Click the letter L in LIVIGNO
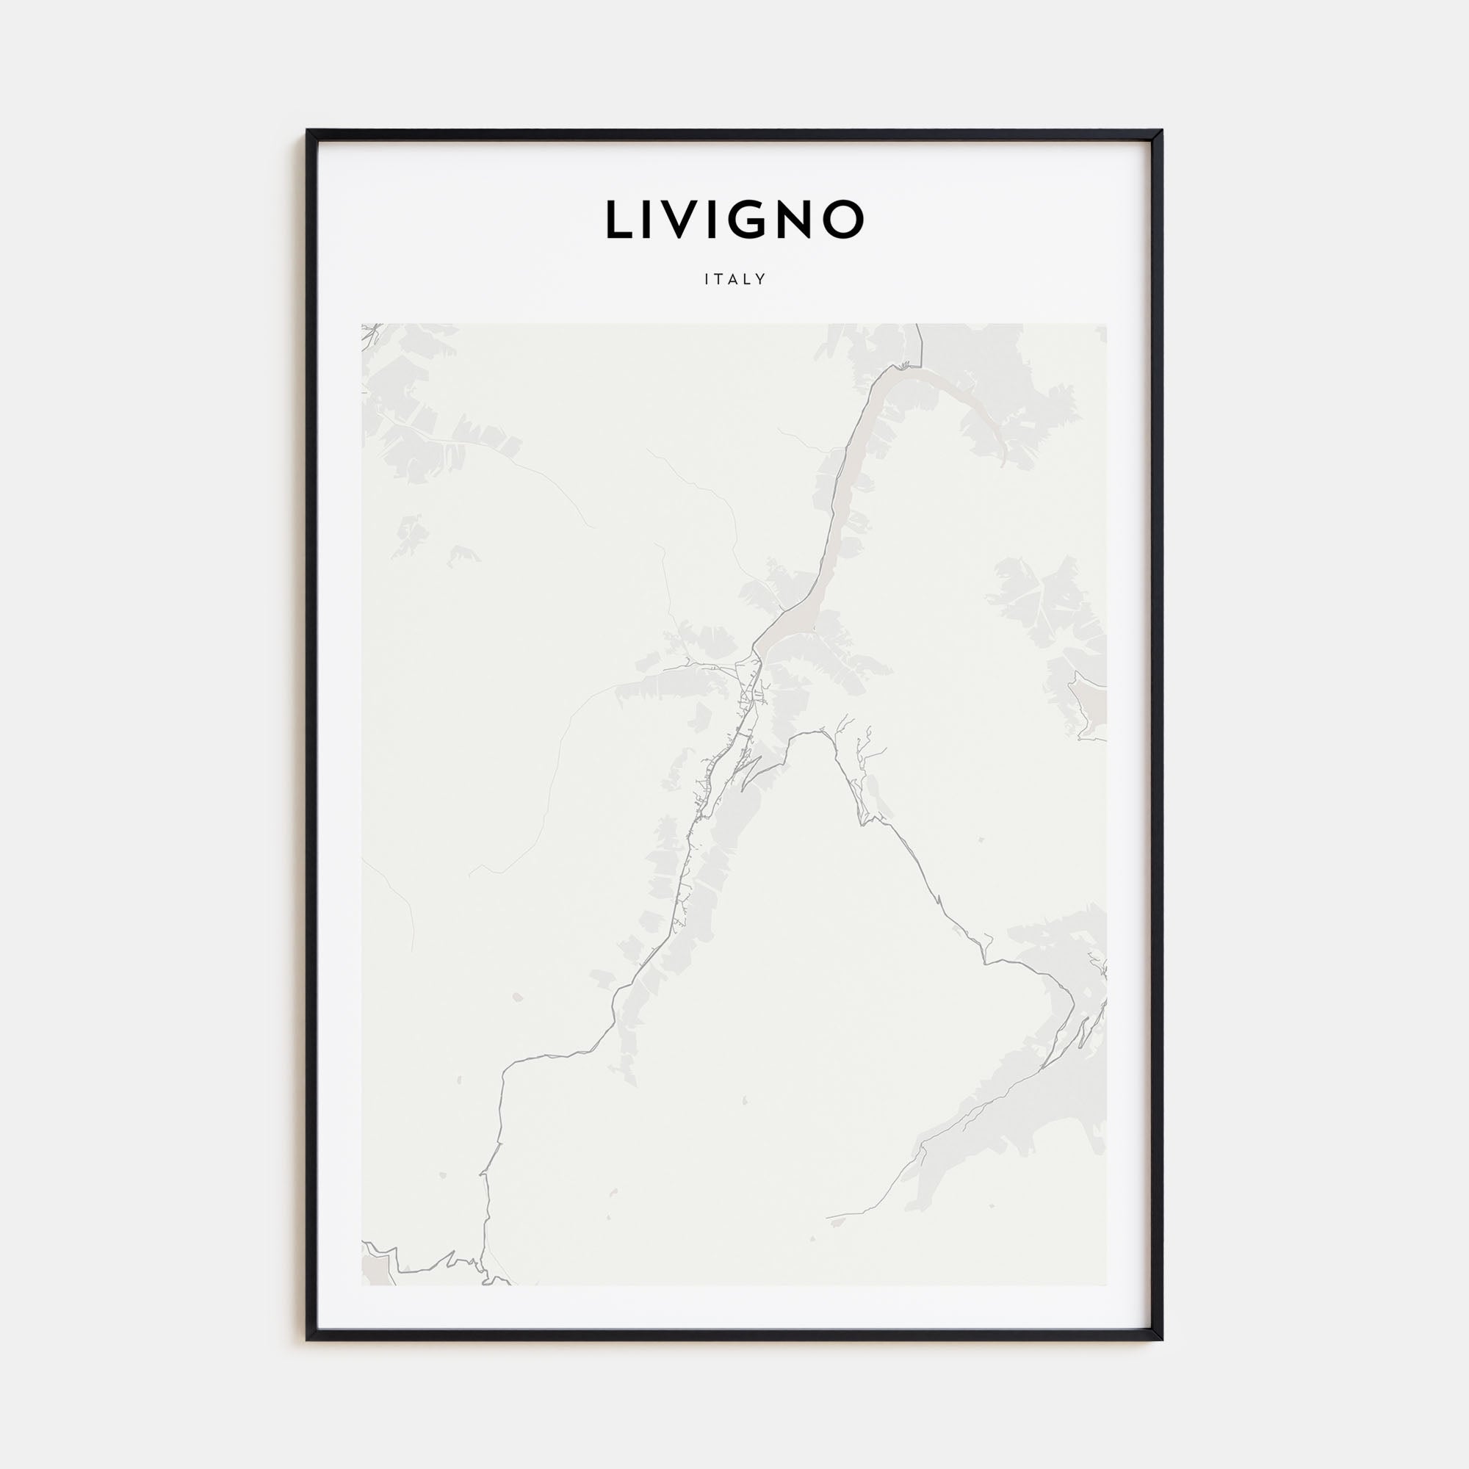619,220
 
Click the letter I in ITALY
707,279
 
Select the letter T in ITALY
718,279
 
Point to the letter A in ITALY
733,279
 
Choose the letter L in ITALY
748,279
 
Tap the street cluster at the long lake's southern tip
749,685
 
